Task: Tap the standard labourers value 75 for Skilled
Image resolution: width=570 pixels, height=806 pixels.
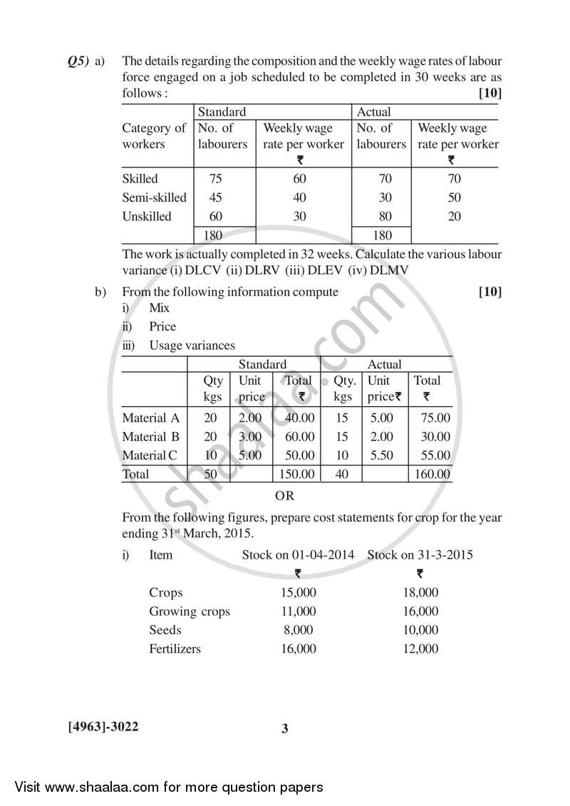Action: point(215,179)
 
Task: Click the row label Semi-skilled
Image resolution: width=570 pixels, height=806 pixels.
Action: point(154,197)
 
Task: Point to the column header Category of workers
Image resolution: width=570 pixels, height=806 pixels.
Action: point(154,136)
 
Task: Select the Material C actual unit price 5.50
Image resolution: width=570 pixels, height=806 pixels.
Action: point(382,455)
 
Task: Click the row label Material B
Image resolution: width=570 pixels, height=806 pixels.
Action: point(150,436)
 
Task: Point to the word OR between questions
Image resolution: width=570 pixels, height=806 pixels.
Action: point(284,495)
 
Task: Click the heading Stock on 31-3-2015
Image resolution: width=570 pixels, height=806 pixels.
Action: point(420,554)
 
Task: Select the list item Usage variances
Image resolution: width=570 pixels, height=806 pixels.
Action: point(192,345)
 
